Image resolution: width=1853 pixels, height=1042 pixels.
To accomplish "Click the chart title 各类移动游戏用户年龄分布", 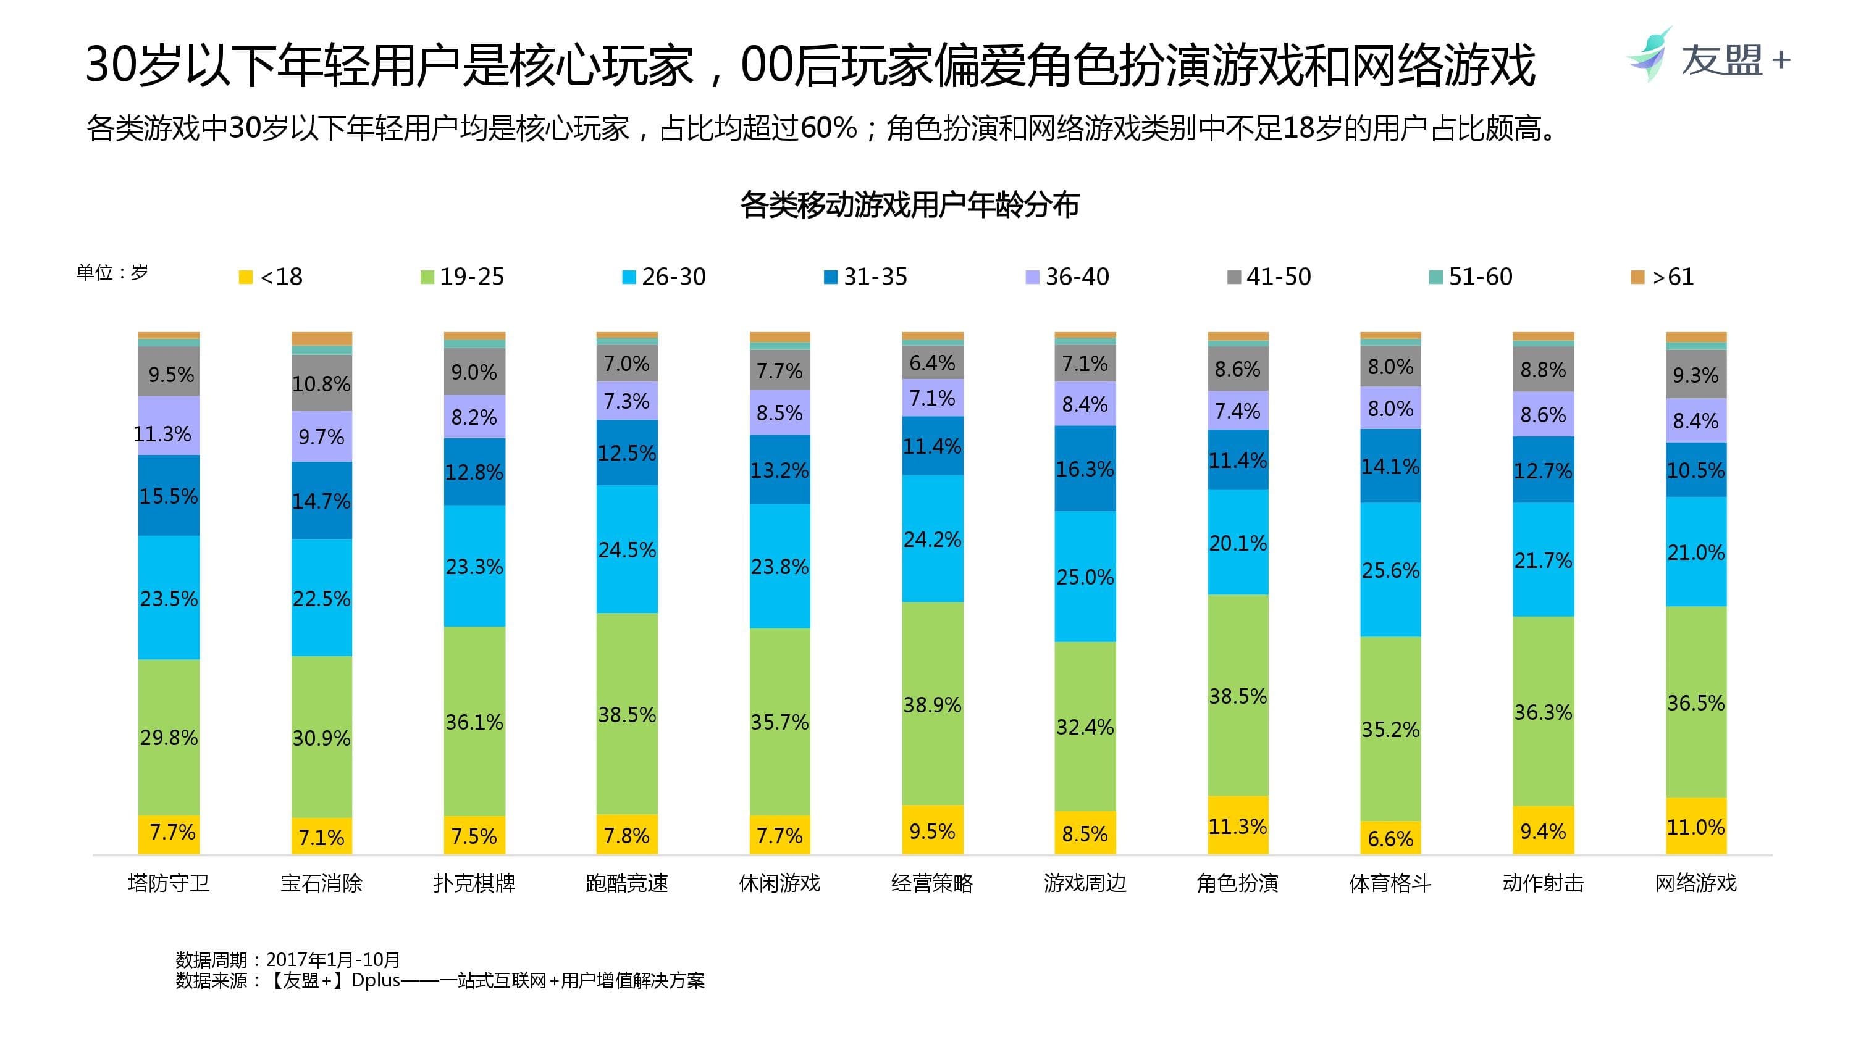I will [x=909, y=205].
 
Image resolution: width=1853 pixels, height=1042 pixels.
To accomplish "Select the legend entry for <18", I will [x=271, y=277].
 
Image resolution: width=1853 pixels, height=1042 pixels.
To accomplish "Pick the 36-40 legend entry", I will [x=1067, y=277].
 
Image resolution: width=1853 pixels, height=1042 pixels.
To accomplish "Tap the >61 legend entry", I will [x=1662, y=277].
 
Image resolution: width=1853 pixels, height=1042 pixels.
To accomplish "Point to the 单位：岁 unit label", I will [x=112, y=273].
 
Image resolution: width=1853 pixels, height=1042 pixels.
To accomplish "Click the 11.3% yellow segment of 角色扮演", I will [x=1237, y=825].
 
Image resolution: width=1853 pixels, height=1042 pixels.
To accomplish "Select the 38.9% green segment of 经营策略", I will [x=932, y=703].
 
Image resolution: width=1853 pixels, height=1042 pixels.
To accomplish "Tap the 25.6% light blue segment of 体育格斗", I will [x=1390, y=570].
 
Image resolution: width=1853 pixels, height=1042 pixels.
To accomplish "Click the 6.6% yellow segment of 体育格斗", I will [x=1390, y=838].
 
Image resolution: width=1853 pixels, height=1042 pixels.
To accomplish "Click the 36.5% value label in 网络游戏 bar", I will [x=1695, y=702].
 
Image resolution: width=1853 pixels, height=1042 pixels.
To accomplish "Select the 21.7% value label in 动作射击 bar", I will [x=1543, y=559].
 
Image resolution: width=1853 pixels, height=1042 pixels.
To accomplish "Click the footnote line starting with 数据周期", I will [x=288, y=959].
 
